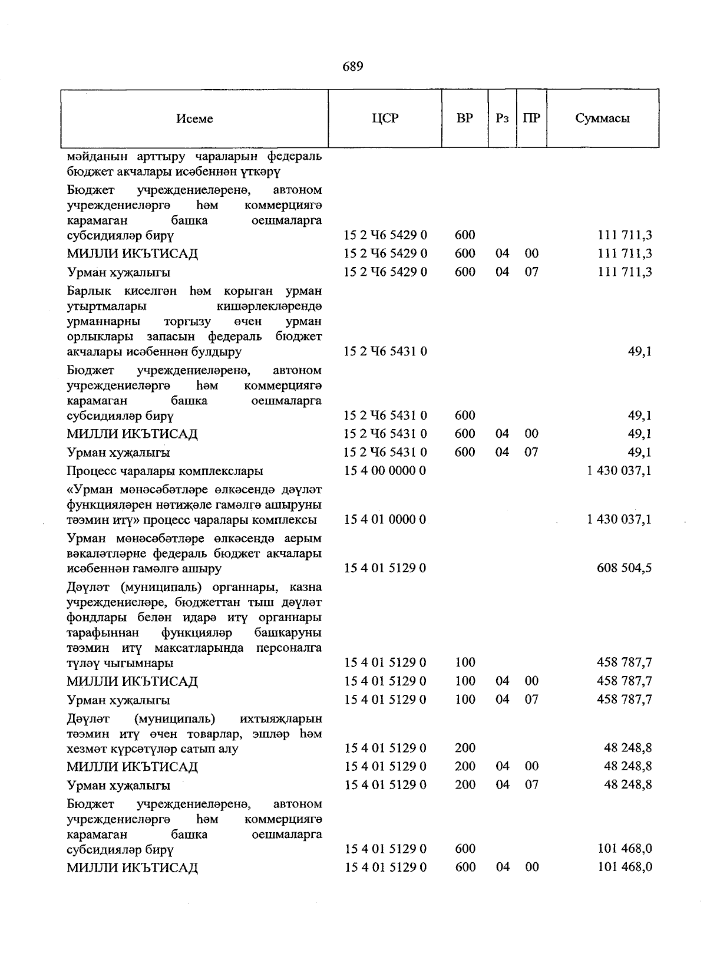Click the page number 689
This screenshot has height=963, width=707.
352,67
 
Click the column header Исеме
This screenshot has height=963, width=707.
194,119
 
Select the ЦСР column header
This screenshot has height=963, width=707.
385,118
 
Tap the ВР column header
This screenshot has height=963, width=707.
465,118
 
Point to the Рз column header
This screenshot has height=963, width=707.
502,118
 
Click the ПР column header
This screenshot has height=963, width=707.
531,118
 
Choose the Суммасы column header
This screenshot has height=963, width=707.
602,118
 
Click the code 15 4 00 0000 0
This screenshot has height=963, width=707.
385,471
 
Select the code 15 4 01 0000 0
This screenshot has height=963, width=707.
385,520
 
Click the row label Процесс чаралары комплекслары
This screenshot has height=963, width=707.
165,471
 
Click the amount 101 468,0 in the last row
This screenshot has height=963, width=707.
625,868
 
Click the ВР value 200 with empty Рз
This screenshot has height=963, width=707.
465,748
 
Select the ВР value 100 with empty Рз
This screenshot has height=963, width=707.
465,663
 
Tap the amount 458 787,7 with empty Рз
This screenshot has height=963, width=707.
624,663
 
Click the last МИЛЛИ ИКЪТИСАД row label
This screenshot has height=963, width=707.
132,868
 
